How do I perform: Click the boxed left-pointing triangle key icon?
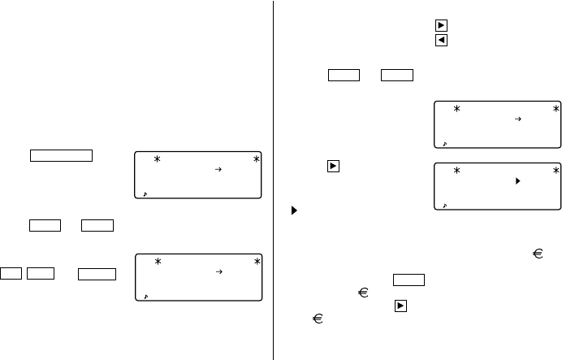441,40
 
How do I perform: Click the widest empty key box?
62,155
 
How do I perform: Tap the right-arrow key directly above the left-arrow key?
441,25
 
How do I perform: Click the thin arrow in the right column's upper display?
517,119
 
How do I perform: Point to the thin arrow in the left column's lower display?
218,273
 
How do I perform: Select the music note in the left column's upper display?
145,194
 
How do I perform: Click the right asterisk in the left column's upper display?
257,159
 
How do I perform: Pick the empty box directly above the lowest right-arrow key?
409,280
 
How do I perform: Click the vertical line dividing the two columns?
274,180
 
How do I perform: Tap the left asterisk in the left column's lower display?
158,262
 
